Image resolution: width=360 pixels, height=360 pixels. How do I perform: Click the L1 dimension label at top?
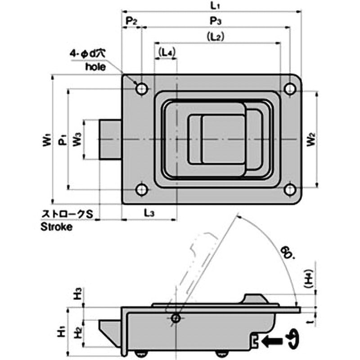(x=215, y=5)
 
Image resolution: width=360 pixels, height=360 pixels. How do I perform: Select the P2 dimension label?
(x=131, y=21)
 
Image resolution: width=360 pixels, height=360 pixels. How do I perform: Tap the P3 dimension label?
(x=216, y=21)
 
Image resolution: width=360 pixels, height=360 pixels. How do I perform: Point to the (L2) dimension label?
(x=216, y=36)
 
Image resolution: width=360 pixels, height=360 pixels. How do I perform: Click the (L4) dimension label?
(x=166, y=53)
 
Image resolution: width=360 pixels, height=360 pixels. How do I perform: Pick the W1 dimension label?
(x=47, y=139)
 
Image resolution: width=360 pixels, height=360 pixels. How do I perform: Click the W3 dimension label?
(x=77, y=139)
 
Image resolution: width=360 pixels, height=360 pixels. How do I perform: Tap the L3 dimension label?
(x=149, y=213)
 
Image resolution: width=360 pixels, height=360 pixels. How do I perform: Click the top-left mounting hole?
(x=142, y=89)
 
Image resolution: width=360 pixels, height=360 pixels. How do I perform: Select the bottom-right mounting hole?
(x=290, y=189)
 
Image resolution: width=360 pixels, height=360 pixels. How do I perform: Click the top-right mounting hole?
(x=290, y=89)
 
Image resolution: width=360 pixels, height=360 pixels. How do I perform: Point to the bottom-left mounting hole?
(x=142, y=189)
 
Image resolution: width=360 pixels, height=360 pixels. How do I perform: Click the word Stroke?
(x=57, y=227)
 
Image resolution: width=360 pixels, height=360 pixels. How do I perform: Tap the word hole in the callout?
(x=96, y=67)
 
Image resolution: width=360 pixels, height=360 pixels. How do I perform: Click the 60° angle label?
(x=287, y=252)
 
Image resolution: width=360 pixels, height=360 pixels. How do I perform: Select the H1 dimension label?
(x=62, y=331)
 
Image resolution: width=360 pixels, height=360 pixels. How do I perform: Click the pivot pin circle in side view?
(x=176, y=318)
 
